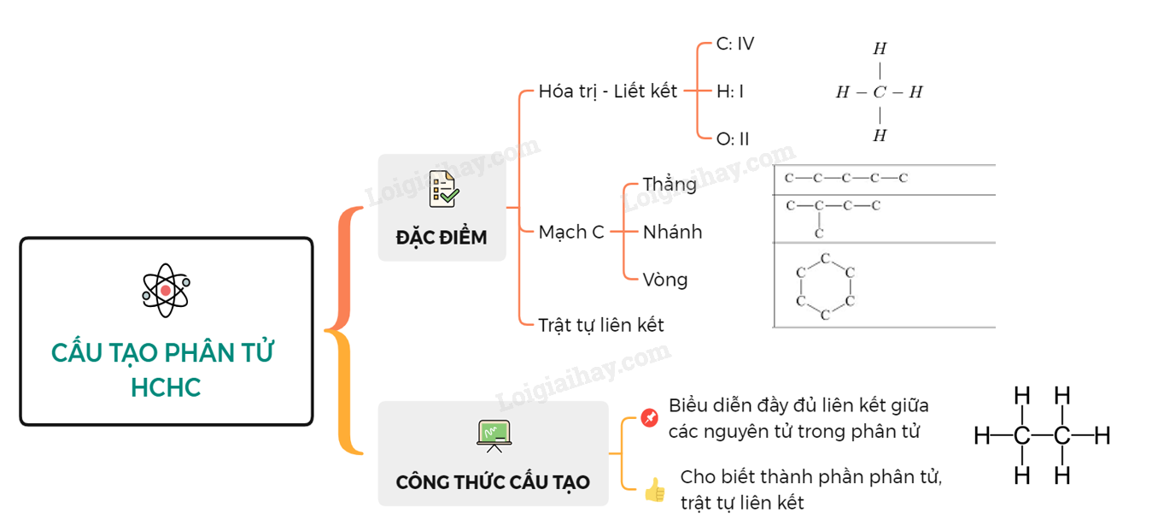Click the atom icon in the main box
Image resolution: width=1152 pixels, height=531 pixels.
coord(166,290)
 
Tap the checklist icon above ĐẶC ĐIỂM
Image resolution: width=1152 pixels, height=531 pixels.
coord(443,189)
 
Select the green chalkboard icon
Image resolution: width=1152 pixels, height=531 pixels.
coord(494,435)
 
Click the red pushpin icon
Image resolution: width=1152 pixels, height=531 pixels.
coord(650,418)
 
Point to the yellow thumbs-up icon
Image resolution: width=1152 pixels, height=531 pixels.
coord(655,490)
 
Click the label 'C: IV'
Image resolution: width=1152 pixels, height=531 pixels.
coord(735,44)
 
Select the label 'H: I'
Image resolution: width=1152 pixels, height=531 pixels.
coord(730,91)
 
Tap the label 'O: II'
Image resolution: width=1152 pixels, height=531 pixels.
coord(733,139)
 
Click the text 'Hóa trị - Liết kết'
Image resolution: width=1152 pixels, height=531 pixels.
coord(607,91)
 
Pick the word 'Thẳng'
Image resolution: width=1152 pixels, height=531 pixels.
coord(670,185)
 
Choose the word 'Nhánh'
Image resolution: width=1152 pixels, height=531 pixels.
coord(672,232)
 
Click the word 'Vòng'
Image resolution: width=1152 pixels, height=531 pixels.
coord(665,280)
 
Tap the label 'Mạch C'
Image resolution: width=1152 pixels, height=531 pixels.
coord(571,232)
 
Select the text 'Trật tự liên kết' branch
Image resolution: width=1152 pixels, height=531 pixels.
coord(600,325)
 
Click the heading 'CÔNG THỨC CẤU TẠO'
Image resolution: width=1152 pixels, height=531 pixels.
coord(493,482)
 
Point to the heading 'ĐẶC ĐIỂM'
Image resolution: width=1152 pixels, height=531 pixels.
coord(442,237)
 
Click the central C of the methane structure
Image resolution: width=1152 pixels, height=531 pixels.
coord(879,92)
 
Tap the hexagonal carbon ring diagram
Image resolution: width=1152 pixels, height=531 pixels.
coord(825,286)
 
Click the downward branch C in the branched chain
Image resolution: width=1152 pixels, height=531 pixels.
coord(819,233)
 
